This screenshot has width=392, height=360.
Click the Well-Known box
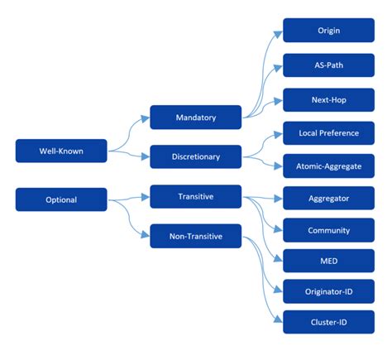click(x=61, y=151)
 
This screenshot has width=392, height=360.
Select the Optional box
click(x=61, y=199)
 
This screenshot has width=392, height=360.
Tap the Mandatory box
click(x=195, y=118)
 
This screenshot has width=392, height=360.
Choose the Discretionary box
click(x=195, y=156)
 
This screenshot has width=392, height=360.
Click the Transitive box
click(x=195, y=197)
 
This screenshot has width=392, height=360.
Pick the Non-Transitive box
click(x=195, y=236)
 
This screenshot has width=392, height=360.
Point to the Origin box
click(x=328, y=31)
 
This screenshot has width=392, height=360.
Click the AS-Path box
click(x=328, y=66)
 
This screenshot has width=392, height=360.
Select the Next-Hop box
click(x=328, y=100)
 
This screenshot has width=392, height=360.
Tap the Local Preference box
click(x=328, y=132)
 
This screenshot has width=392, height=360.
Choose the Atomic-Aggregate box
click(x=328, y=166)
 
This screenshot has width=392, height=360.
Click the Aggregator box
click(x=328, y=199)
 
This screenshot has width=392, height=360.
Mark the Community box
click(x=328, y=230)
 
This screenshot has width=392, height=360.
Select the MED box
click(x=328, y=261)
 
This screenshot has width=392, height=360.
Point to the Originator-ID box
click(x=328, y=291)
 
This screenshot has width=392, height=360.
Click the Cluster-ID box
click(x=328, y=321)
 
